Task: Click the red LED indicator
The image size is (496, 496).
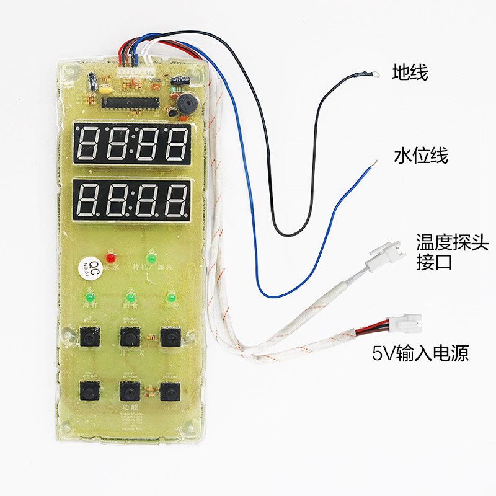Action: click(112, 256)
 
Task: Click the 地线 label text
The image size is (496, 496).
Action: click(410, 73)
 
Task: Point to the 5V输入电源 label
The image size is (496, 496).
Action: click(420, 353)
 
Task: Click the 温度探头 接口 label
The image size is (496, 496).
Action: click(434, 252)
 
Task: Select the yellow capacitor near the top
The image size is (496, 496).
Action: click(107, 88)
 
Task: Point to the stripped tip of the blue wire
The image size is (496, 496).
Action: click(372, 165)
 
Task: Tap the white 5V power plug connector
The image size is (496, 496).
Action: click(405, 322)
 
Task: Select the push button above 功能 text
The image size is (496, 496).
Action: click(129, 391)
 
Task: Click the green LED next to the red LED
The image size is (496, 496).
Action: click(150, 256)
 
